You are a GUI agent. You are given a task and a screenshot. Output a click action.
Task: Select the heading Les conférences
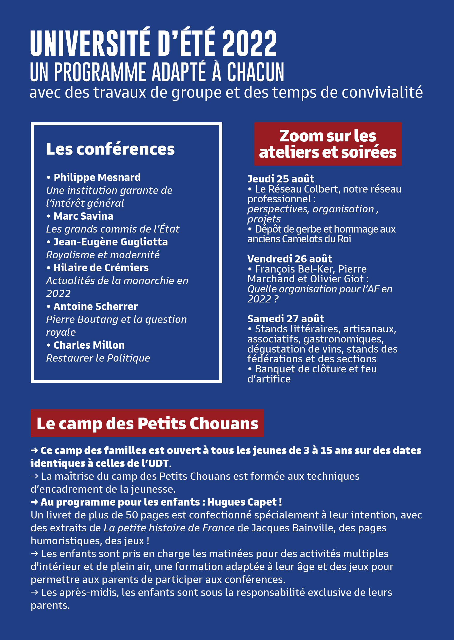tap(110, 149)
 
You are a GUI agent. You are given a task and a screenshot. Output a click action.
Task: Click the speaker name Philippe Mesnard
tap(97, 178)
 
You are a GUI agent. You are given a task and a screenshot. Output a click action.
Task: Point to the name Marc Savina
tap(83, 216)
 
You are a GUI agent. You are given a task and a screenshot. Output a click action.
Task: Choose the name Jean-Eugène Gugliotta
tap(110, 242)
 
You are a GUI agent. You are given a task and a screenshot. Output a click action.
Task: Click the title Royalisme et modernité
tap(103, 255)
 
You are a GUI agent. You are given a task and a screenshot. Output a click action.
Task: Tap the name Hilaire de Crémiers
tap(101, 268)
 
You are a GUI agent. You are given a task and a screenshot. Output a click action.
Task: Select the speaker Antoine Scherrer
tap(95, 307)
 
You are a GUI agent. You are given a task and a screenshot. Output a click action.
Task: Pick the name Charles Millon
tap(89, 345)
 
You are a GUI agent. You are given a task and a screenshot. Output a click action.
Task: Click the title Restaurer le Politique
tap(98, 358)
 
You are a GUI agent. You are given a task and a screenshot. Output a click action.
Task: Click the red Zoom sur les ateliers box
tap(328, 144)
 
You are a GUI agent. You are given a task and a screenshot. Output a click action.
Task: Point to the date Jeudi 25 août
tap(281, 179)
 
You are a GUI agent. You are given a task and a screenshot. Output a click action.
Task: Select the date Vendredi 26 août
tap(290, 259)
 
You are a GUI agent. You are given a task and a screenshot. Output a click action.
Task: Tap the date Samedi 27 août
tap(286, 319)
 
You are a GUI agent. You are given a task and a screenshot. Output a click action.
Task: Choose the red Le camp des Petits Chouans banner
tap(147, 423)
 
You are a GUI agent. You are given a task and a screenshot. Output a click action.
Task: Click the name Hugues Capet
tap(242, 502)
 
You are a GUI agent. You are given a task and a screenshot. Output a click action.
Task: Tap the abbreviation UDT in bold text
tap(158, 463)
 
